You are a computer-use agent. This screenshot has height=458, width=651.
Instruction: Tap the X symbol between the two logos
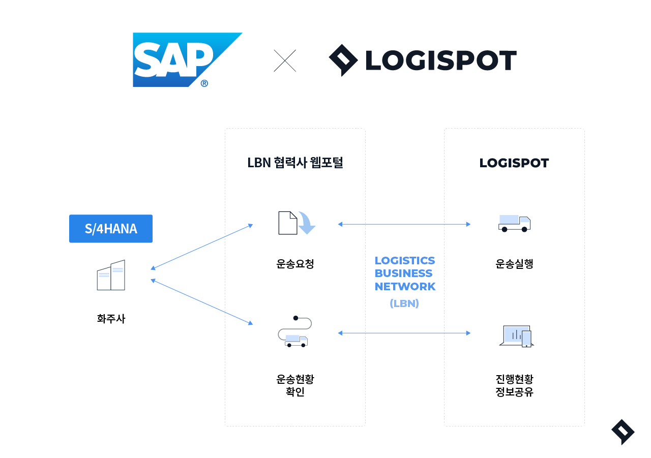click(285, 60)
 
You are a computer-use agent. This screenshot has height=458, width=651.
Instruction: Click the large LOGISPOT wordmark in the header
click(440, 60)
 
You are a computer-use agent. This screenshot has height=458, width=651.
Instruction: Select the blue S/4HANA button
click(111, 229)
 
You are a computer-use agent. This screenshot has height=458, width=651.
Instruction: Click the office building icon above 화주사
click(111, 276)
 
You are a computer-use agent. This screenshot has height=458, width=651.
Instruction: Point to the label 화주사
click(111, 319)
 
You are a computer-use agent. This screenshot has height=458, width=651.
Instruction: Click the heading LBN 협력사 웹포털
click(295, 163)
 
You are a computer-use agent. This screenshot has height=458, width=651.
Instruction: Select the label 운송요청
click(295, 264)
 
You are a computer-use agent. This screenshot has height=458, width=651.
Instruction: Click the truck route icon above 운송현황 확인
click(294, 332)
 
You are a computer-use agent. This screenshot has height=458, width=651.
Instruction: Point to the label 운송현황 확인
click(295, 386)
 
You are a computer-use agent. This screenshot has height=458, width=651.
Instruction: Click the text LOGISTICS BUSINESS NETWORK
click(405, 273)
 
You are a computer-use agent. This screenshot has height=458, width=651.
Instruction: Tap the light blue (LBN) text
click(404, 303)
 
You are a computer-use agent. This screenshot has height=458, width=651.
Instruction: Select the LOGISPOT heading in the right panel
click(514, 163)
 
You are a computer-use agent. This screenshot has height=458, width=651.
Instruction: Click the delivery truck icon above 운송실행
click(514, 223)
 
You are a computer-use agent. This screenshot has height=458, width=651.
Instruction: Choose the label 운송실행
click(514, 264)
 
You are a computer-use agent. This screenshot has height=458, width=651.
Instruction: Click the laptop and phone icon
click(516, 336)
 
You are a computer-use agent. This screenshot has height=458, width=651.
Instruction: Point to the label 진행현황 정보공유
click(514, 386)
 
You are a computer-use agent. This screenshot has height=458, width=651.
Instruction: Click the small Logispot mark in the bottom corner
click(623, 432)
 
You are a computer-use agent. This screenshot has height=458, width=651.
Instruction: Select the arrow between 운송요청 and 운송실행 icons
click(404, 224)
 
